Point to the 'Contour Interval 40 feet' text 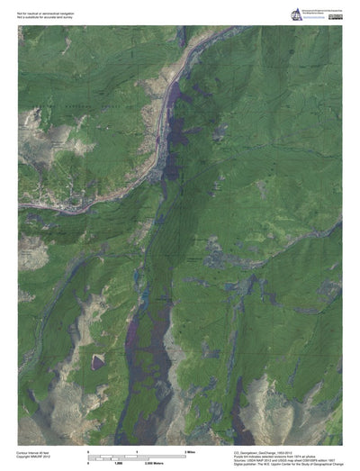point(37,452)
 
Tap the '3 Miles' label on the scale point(190,449)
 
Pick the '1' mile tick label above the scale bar point(136,449)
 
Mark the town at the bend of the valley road point(160,167)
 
